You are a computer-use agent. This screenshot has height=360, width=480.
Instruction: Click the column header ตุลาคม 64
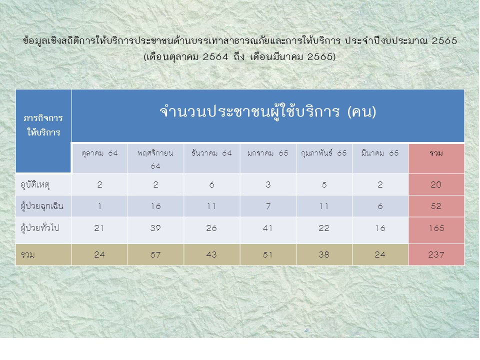99,153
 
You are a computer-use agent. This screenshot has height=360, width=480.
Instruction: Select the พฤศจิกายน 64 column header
155,159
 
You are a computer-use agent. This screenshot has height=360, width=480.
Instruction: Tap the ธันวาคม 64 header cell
211,153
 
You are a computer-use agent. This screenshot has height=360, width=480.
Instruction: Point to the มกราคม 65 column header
268,153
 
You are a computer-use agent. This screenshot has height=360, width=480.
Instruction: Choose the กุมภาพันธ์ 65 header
324,153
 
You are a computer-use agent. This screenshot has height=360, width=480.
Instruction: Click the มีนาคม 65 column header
380,153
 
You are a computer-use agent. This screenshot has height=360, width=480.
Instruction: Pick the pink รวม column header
436,153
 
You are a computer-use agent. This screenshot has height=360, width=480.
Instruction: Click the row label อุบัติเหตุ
35,185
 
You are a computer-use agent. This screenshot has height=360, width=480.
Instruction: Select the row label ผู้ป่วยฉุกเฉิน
42,206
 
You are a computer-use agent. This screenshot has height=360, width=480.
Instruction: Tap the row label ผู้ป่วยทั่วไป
40,228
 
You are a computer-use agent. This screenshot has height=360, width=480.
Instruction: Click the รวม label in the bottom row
27,254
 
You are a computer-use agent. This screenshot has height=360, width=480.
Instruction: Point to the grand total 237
436,254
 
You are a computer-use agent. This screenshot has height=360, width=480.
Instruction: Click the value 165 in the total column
436,228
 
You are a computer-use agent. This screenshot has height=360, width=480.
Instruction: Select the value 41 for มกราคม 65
268,228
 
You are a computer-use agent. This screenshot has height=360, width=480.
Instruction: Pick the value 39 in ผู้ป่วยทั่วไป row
155,228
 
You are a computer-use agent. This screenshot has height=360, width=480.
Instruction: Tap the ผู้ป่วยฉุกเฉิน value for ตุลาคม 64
99,206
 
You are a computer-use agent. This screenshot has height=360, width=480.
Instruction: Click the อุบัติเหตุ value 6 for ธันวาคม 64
211,184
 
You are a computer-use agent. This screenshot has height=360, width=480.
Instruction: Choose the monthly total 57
155,254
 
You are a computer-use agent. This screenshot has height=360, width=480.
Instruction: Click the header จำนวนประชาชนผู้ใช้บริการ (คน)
268,111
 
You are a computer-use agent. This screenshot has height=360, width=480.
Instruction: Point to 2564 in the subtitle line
215,56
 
